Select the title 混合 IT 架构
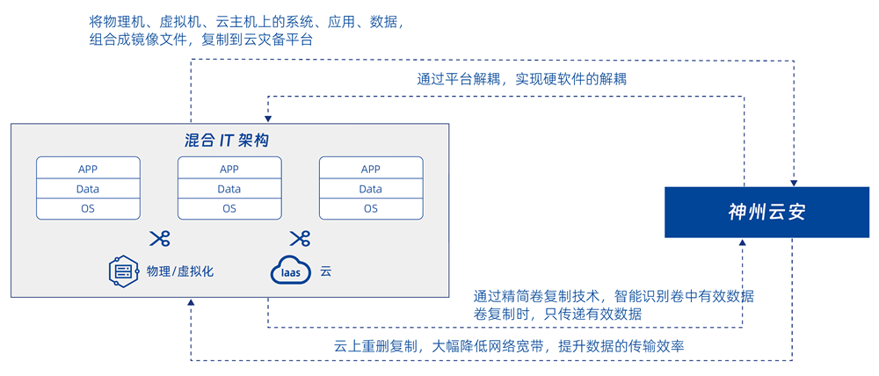coord(227,141)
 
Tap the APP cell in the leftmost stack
coord(88,169)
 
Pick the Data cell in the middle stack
coord(229,189)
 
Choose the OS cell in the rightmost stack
coord(371,208)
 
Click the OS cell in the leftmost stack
coord(88,208)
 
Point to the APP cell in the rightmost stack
coord(371,169)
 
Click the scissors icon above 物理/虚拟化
coord(159,238)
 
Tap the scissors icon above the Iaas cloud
coord(300,238)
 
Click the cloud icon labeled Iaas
coord(290,271)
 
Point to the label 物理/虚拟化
coord(180,271)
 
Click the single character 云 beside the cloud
coord(326,271)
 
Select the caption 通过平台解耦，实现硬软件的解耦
coord(521,79)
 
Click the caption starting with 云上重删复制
coord(509,346)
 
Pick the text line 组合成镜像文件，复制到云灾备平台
coord(201,40)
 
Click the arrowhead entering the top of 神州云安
coord(794,181)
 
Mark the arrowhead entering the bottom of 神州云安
coord(744,243)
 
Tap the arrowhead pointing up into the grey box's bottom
coord(191,304)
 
